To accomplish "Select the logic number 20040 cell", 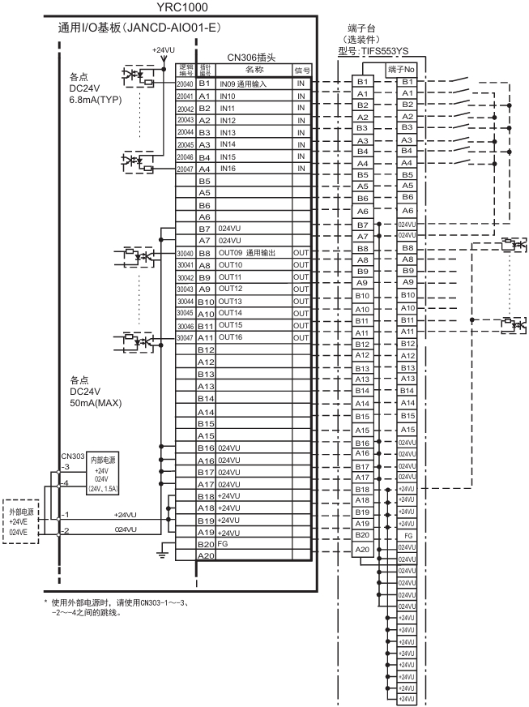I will pyautogui.click(x=185, y=84).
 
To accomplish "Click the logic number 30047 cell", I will pyautogui.click(x=185, y=337).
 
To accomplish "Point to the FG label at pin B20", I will pyautogui.click(x=223, y=543).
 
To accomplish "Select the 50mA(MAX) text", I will pyautogui.click(x=96, y=402).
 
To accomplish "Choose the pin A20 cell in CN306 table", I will pyautogui.click(x=205, y=555).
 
